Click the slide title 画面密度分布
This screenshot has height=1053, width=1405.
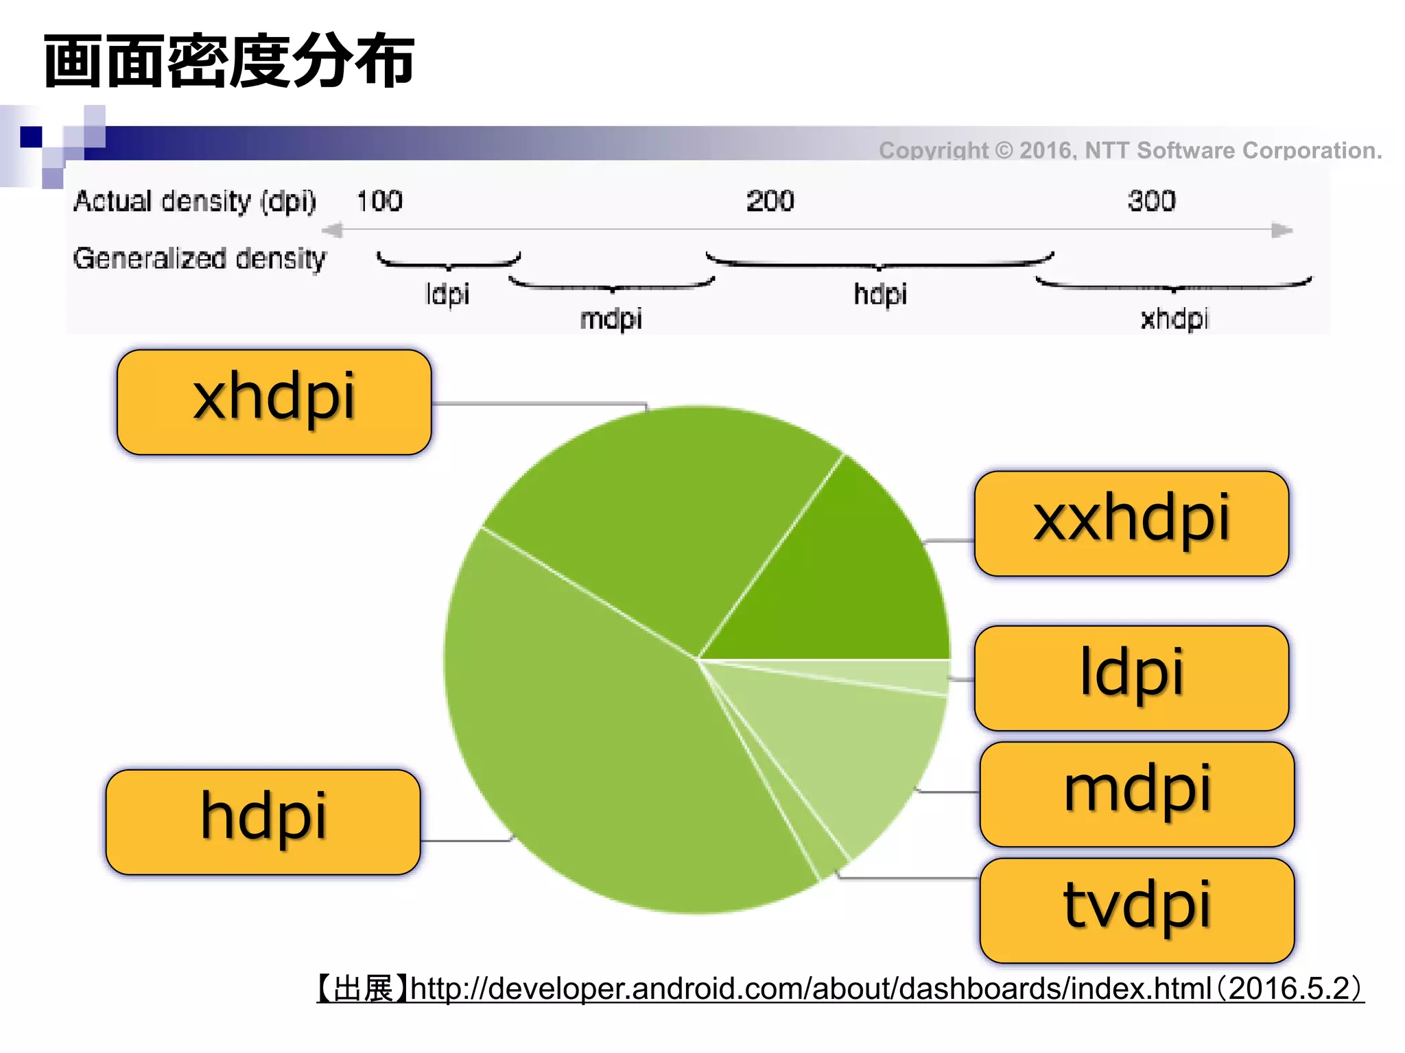228,62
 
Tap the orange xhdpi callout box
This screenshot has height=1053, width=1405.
274,402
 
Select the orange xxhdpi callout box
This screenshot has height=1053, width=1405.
1131,523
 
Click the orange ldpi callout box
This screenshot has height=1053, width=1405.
1131,677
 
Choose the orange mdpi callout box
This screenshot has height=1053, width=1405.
1137,794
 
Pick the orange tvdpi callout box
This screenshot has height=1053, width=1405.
1137,910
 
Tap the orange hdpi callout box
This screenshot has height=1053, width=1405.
263,821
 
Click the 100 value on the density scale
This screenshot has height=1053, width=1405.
379,201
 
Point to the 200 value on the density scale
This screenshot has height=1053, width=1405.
770,201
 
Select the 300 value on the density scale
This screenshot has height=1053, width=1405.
1151,201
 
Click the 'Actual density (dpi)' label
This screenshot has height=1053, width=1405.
195,202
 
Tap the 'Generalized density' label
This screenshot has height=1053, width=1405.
200,258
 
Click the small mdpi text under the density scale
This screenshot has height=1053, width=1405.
611,319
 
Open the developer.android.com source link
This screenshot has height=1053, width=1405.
810,989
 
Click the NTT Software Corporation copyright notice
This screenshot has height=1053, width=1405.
1130,150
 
